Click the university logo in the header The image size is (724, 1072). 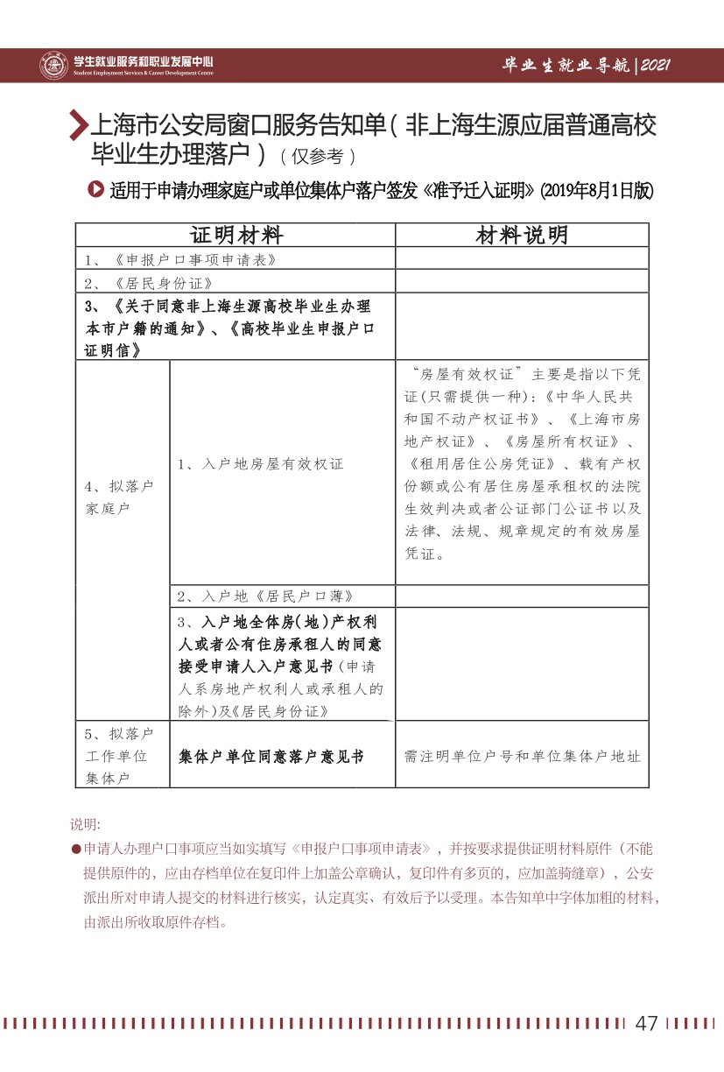tap(53, 65)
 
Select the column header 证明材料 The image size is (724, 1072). tap(236, 236)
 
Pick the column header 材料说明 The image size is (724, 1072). tap(522, 236)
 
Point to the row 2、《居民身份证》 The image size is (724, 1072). tap(149, 282)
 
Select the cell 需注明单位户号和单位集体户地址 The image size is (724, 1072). tap(522, 756)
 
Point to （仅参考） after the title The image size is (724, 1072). tap(317, 157)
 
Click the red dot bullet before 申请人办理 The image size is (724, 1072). tap(76, 850)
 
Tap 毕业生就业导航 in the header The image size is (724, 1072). tap(566, 66)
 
